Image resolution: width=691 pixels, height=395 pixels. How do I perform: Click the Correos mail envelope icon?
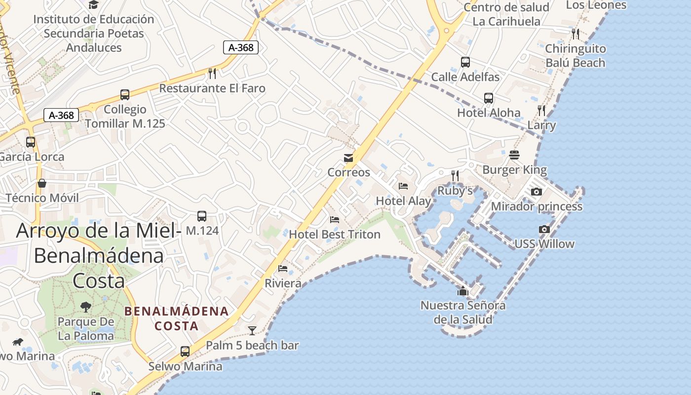(x=348, y=158)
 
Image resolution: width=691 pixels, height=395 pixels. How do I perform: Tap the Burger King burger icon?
(x=514, y=155)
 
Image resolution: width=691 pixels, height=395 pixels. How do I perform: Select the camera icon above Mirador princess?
(x=537, y=192)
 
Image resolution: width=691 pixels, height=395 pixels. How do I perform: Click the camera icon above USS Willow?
(x=544, y=229)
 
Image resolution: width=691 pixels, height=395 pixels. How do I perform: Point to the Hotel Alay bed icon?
(x=403, y=186)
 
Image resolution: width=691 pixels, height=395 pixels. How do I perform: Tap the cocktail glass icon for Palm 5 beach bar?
(x=252, y=330)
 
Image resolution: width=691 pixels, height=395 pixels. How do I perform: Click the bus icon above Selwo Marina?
(x=185, y=352)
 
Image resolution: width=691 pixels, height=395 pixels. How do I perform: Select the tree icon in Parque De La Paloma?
(x=86, y=307)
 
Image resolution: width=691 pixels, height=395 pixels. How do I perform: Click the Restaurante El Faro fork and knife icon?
(x=212, y=74)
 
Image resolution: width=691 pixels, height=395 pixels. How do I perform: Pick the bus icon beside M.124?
(x=202, y=216)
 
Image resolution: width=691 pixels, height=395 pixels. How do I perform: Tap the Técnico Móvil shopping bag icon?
(x=42, y=183)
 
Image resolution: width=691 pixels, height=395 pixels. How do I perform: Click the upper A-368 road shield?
(x=241, y=47)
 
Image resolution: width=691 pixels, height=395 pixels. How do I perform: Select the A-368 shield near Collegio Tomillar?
(x=62, y=116)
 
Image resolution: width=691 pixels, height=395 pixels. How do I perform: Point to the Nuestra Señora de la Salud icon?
(x=462, y=291)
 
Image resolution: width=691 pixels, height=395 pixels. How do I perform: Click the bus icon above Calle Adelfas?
(x=465, y=62)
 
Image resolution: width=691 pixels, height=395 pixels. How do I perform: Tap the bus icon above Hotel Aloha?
(x=489, y=98)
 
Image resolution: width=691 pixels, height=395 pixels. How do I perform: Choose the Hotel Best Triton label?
(x=335, y=234)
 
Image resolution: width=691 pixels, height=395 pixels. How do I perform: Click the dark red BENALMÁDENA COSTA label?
(x=177, y=318)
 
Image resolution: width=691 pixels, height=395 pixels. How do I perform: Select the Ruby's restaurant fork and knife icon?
(x=455, y=175)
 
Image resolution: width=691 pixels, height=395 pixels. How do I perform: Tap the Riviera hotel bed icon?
(x=283, y=269)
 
